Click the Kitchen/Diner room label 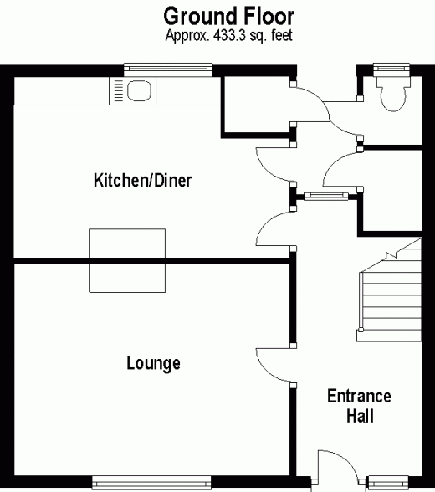(x=142, y=180)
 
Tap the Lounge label (x=153, y=363)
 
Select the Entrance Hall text (x=360, y=406)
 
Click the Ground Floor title (x=228, y=17)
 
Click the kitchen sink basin (x=139, y=91)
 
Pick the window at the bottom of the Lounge (x=151, y=483)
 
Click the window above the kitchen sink (x=168, y=69)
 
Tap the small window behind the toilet (x=391, y=69)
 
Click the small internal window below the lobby (x=326, y=197)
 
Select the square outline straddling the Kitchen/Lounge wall (x=127, y=261)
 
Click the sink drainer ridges (x=118, y=91)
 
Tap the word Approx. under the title (x=187, y=36)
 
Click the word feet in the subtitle (x=282, y=35)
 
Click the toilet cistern (x=393, y=80)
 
